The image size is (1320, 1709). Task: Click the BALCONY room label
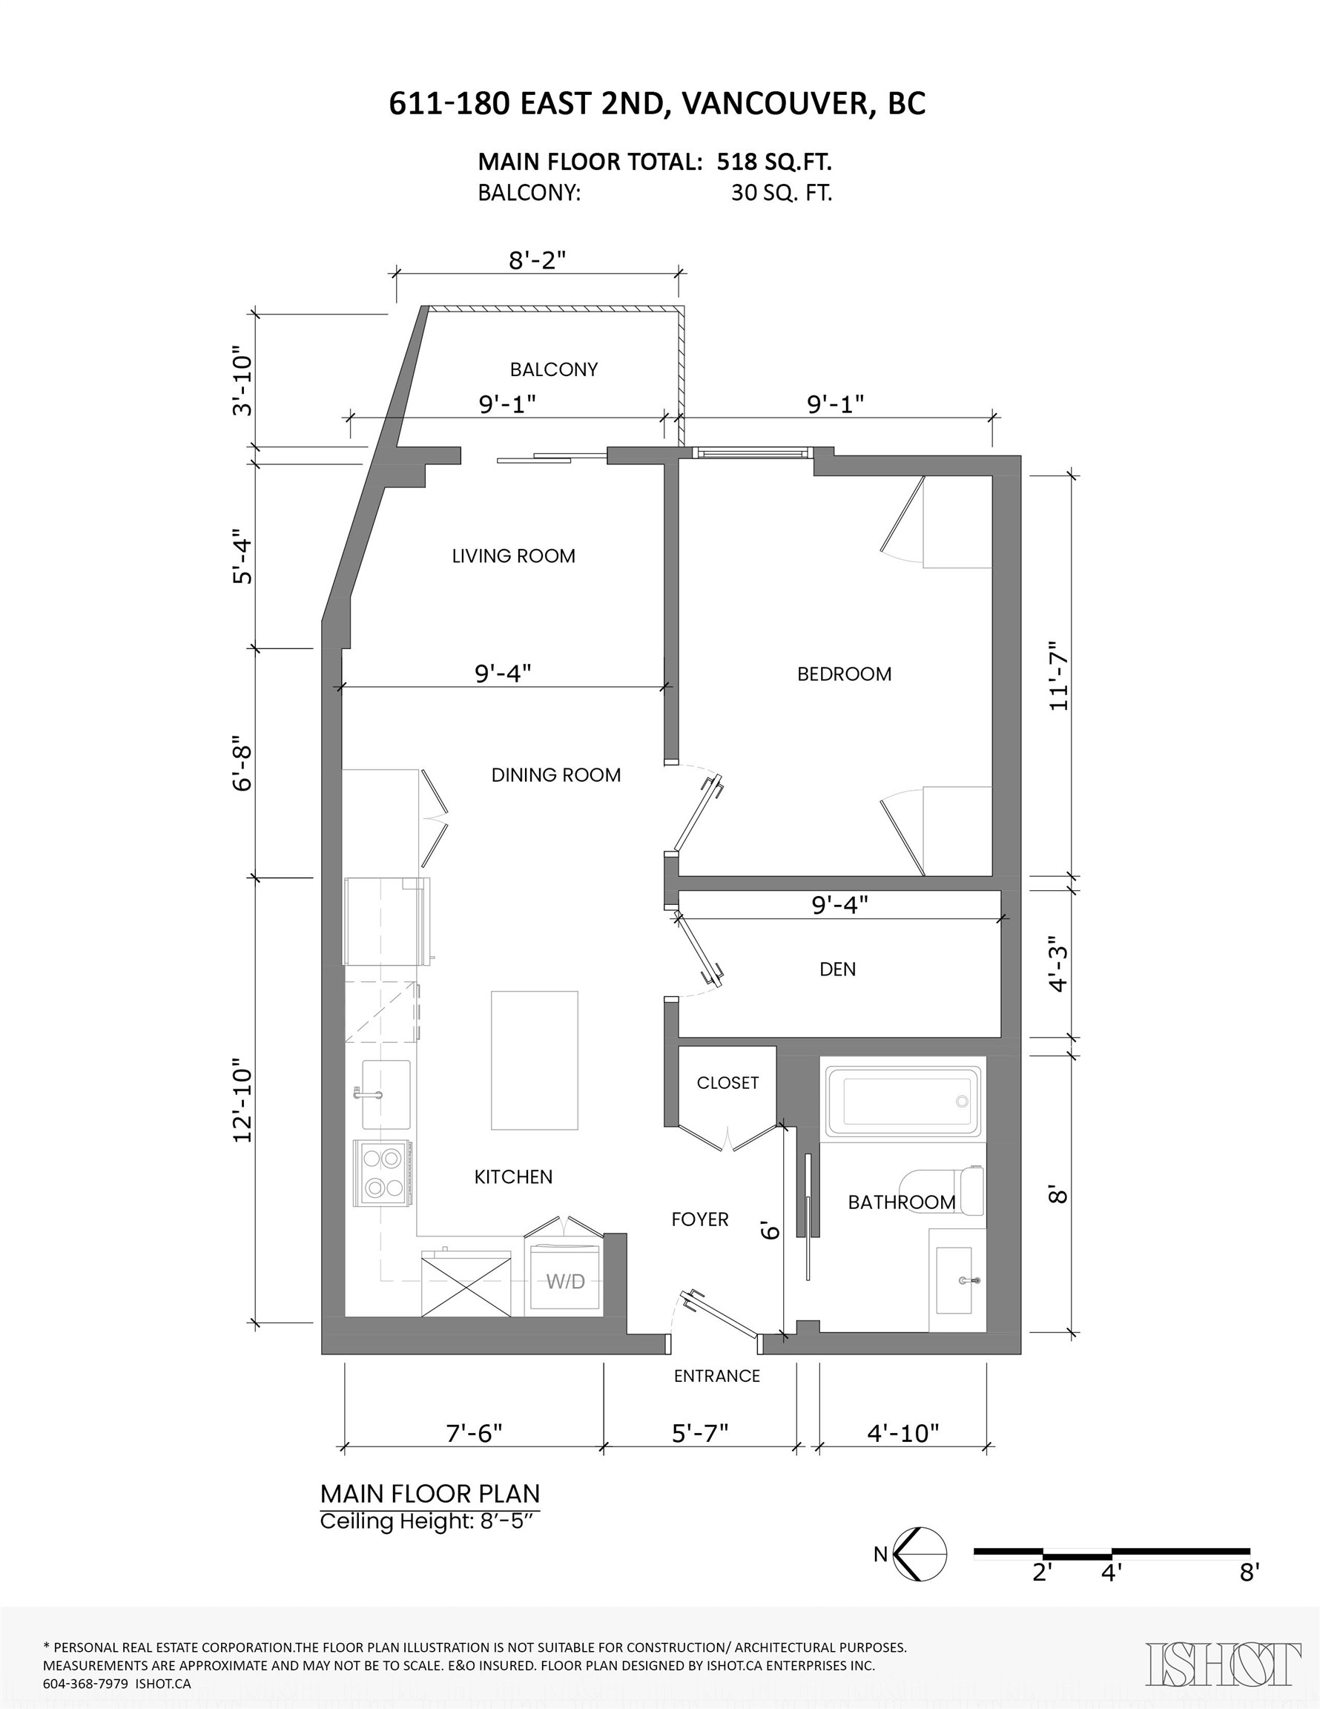point(553,369)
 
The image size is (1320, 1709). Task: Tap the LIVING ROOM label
point(513,556)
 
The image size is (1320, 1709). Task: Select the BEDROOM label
point(843,674)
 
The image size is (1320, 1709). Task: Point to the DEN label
point(837,969)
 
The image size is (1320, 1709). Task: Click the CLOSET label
point(727,1083)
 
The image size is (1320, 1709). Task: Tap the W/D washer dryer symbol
point(566,1281)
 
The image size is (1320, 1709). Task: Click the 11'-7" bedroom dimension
point(1058,676)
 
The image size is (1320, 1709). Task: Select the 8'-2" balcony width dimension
point(537,260)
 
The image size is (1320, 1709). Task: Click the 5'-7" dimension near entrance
point(699,1434)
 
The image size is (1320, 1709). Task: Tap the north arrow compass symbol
point(920,1553)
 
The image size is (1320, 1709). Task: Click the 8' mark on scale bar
point(1249,1572)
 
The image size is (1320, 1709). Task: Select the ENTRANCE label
point(716,1377)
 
